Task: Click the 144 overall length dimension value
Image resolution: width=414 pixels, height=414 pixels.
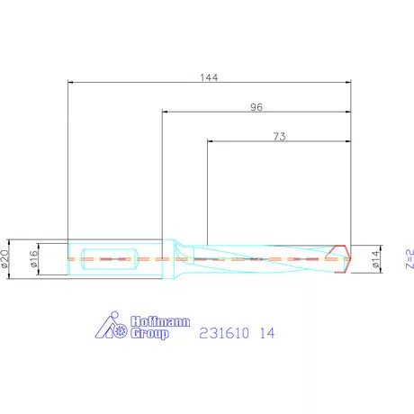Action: (209, 77)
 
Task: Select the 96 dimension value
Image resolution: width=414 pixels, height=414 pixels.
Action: (256, 107)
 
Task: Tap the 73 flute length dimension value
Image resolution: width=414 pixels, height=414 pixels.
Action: (279, 137)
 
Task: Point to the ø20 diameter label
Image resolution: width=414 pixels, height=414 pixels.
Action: (4, 258)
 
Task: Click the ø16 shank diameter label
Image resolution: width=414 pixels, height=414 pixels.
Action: (34, 259)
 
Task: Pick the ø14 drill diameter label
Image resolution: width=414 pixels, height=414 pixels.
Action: (375, 259)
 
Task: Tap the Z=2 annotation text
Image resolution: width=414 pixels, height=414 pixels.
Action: (409, 258)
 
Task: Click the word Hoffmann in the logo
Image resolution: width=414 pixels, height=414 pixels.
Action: (160, 321)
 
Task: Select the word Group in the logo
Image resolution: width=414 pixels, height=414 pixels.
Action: (149, 334)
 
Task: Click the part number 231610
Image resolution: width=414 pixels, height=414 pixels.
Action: (224, 333)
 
